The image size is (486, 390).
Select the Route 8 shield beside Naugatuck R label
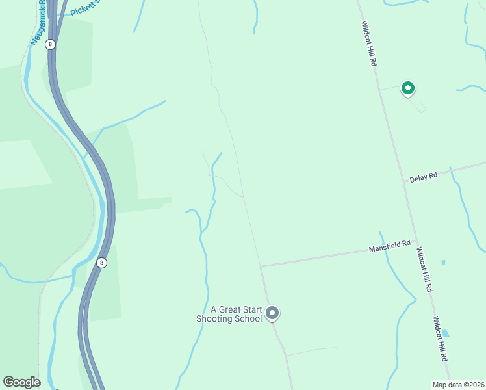pos(51,44)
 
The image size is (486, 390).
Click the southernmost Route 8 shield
pos(101,263)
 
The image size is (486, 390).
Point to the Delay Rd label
pos(423,176)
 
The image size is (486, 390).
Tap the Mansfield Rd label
pos(389,247)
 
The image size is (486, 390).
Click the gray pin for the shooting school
pos(273,314)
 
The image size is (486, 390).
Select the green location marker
pos(408,88)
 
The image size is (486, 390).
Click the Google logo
pos(21,382)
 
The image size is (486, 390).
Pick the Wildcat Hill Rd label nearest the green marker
pos(369,43)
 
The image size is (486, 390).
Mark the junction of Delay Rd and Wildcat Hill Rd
pos(405,181)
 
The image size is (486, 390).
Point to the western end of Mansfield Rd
pos(261,266)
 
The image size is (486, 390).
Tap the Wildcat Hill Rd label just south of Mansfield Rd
pos(424,269)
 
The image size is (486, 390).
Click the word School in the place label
pos(249,318)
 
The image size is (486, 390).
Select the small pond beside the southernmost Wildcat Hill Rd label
pos(445,333)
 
